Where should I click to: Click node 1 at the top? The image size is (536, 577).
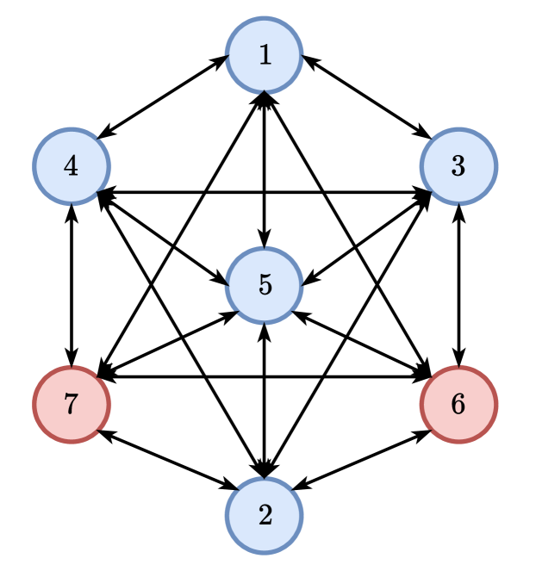[265, 55]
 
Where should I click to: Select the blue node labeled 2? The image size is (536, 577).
[265, 515]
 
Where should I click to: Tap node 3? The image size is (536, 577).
[458, 166]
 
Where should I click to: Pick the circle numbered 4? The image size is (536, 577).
[72, 166]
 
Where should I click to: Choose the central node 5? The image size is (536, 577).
[265, 285]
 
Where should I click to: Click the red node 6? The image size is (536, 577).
[458, 404]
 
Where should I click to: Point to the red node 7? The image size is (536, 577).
[72, 404]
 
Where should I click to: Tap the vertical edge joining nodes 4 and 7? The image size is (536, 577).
[72, 285]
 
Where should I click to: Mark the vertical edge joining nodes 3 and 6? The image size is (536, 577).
[458, 285]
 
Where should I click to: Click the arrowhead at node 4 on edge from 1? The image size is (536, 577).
[103, 133]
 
